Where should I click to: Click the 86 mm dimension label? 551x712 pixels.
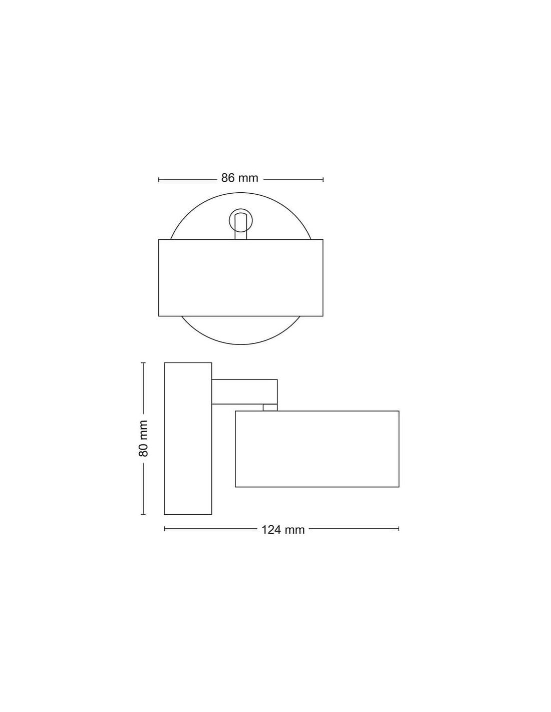[239, 178]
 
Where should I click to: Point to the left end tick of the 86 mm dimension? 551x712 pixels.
[159, 180]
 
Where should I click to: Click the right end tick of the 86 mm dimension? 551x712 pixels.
[323, 180]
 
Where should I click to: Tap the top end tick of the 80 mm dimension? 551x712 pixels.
[143, 363]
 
